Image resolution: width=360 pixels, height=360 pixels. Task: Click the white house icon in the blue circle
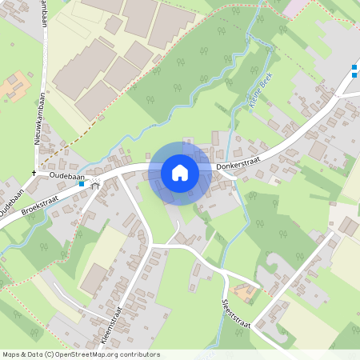tap(180, 173)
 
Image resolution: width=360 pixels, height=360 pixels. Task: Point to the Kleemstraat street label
tap(113, 325)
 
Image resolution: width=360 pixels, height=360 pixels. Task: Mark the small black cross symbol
tap(34, 173)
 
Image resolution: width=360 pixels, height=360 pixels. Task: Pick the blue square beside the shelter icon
tap(82, 184)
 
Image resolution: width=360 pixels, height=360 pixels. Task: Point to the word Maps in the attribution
tap(11, 354)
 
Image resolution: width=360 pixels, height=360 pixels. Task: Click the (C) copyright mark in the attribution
tap(50, 354)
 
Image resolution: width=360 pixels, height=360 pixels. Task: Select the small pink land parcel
tap(294, 7)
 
